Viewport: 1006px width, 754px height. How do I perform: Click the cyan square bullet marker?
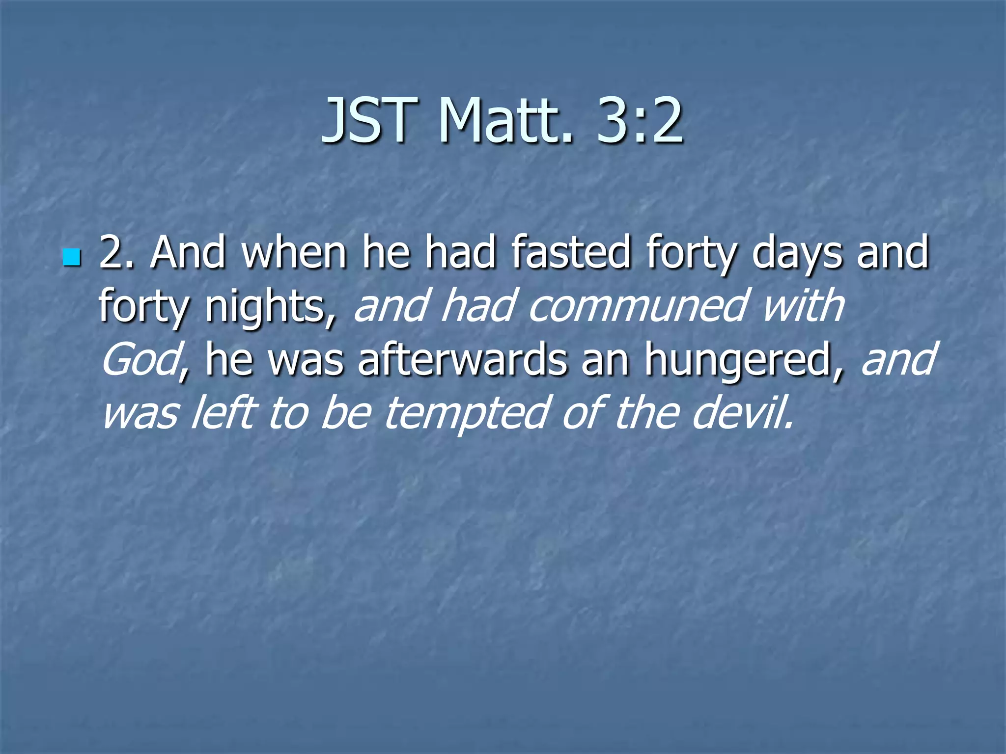(x=71, y=257)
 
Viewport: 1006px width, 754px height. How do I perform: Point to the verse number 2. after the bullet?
(x=117, y=252)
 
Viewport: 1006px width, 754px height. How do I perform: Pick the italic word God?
(x=139, y=359)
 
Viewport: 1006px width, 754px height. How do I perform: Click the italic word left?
(x=223, y=412)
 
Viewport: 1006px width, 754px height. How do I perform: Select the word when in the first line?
(x=294, y=252)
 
